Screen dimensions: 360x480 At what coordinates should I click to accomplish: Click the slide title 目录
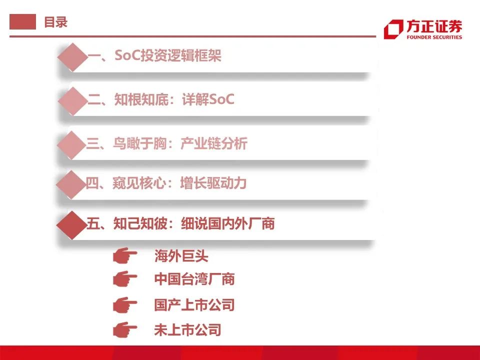tap(55, 22)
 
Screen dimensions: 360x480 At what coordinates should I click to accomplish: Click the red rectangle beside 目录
tap(23, 22)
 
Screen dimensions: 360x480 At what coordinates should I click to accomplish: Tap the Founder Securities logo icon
tap(393, 29)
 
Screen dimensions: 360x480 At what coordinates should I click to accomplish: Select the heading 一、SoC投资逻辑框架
tap(154, 56)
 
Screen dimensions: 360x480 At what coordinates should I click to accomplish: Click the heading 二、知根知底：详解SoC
tap(161, 99)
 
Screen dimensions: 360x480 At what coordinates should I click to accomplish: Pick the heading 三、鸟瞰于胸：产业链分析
tap(167, 144)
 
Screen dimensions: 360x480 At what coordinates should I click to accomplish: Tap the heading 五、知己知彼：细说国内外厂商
tap(180, 223)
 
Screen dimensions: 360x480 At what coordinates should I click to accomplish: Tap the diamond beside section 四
tap(72, 184)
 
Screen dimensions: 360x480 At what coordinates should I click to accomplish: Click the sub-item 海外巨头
tap(181, 257)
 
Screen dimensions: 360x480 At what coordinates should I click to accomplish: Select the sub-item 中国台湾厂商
tap(194, 279)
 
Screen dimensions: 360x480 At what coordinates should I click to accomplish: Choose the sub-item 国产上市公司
tap(194, 304)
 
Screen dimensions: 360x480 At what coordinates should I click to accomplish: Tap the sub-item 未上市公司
tap(187, 329)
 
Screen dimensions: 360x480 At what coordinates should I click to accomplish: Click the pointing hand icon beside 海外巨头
tap(125, 257)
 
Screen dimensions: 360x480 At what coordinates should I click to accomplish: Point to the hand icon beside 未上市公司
tap(125, 329)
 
